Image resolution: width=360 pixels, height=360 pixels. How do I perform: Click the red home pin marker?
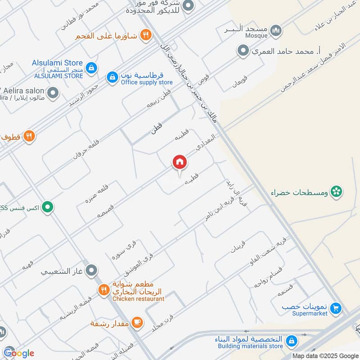pyautogui.click(x=179, y=162)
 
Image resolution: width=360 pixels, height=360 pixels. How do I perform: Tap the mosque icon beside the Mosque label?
pyautogui.click(x=276, y=31)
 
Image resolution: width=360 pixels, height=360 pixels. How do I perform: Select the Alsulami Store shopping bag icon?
pyautogui.click(x=91, y=67)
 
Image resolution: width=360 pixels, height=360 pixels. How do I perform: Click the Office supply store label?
pyautogui.click(x=147, y=82)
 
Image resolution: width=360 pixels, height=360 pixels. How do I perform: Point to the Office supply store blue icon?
pyautogui.click(x=112, y=77)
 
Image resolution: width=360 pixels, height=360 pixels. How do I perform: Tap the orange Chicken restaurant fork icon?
pyautogui.click(x=104, y=290)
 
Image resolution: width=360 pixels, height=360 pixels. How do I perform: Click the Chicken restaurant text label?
pyautogui.click(x=138, y=299)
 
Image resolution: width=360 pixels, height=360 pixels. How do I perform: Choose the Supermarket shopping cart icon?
pyautogui.click(x=335, y=309)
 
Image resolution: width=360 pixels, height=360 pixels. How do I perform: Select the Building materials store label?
pyautogui.click(x=251, y=346)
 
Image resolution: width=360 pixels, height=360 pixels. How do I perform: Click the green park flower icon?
pyautogui.click(x=336, y=192)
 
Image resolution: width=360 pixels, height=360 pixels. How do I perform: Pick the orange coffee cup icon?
pyautogui.click(x=138, y=322)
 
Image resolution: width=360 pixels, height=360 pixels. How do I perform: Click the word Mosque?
pyautogui.click(x=257, y=35)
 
